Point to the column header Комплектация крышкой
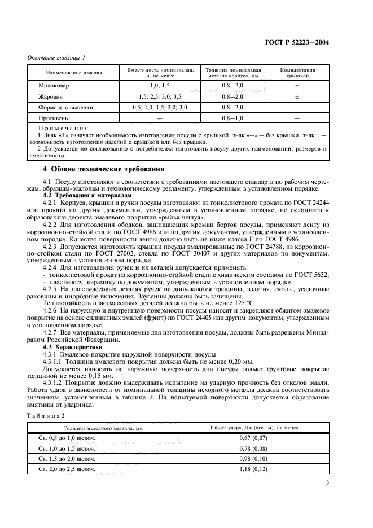[x=297, y=72]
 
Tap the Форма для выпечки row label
[x=65, y=107]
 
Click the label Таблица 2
[x=46, y=416]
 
